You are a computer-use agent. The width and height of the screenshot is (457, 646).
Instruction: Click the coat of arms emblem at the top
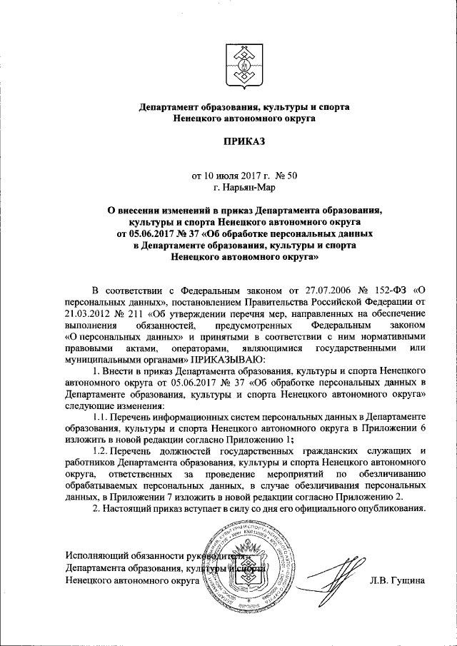tap(243, 66)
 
